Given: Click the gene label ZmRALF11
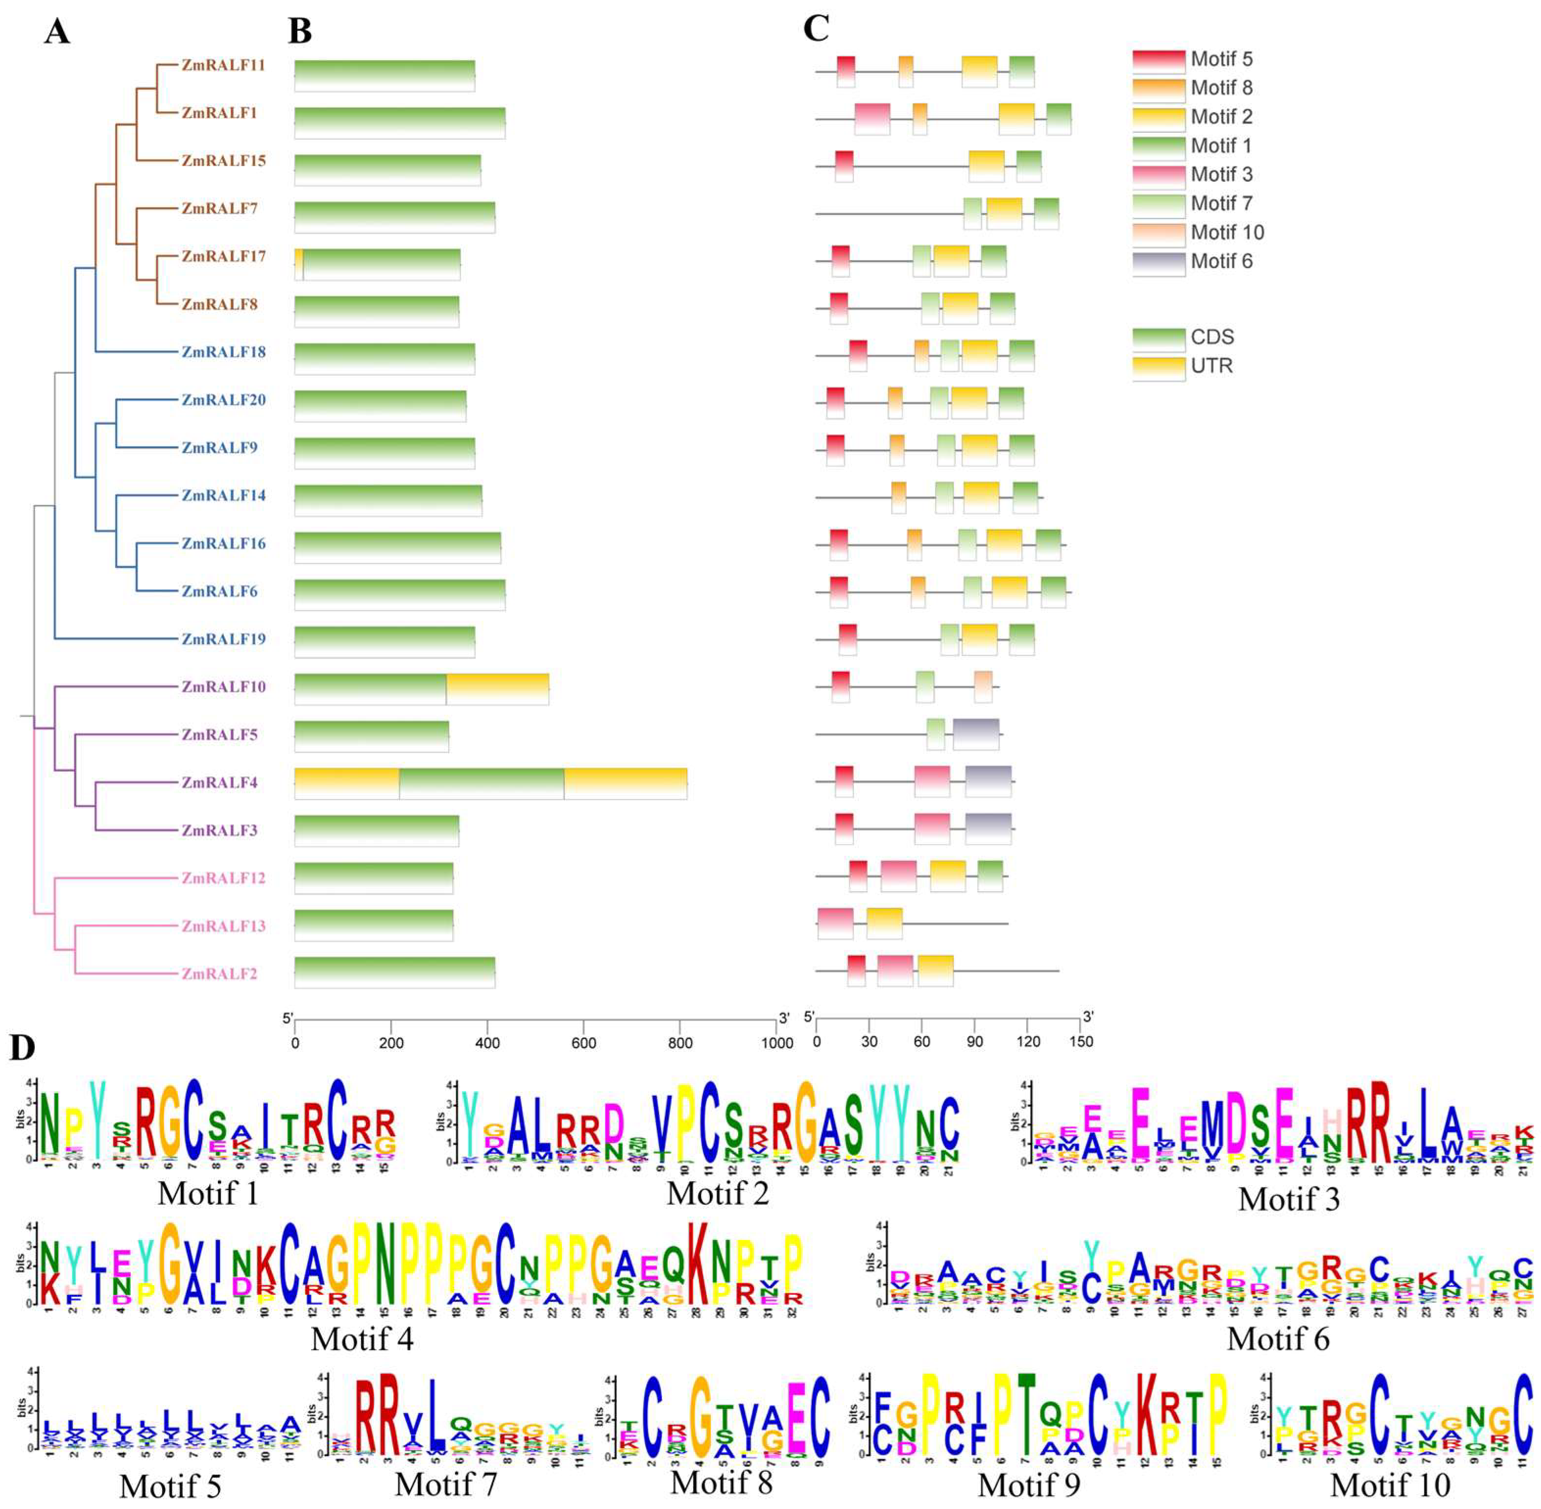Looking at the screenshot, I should (223, 66).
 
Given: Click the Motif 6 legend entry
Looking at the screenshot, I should (1221, 262).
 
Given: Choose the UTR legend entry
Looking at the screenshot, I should (1211, 366).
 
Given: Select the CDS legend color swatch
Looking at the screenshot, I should (1158, 339).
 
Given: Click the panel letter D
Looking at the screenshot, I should (22, 1048).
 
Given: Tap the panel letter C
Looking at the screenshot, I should (816, 30).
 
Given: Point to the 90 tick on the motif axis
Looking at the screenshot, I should (975, 1042).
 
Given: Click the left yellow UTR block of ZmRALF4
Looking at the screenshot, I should (346, 783).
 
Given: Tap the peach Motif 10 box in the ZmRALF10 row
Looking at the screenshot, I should (983, 686).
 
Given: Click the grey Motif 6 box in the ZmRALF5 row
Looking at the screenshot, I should (975, 734).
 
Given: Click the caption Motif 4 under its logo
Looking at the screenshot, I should (362, 1339).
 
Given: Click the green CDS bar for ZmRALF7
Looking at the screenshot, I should (394, 217).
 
